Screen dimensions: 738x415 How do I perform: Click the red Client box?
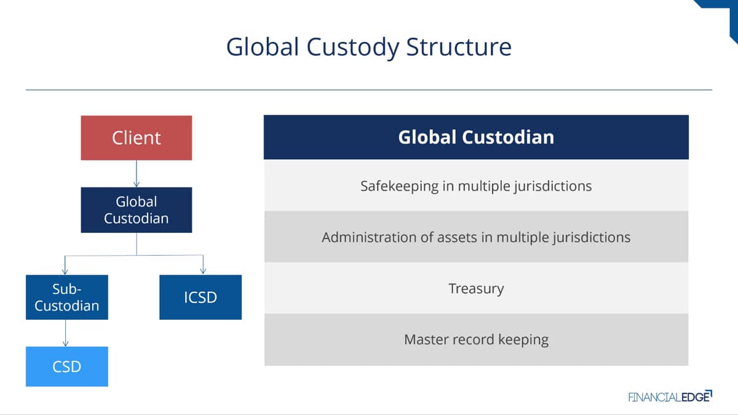point(137,138)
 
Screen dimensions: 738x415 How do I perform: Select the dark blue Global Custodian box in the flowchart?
point(137,210)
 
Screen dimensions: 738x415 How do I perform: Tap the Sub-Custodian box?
point(67,297)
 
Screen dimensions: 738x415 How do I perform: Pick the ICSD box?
point(200,297)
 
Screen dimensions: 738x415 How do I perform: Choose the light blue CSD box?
point(67,366)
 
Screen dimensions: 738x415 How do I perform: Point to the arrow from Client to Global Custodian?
point(137,173)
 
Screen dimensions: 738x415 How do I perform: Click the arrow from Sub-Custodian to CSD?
point(65,333)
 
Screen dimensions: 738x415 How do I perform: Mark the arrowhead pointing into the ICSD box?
point(203,271)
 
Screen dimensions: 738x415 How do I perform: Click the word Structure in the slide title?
point(459,47)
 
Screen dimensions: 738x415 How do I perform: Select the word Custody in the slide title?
point(352,48)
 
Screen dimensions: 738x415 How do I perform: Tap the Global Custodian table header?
point(476,137)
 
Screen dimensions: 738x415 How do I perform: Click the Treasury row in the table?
point(476,288)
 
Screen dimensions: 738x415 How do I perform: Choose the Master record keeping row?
point(476,339)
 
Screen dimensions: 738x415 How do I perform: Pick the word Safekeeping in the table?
point(399,186)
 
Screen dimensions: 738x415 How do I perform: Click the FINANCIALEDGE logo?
point(670,397)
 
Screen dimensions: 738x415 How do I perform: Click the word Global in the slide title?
point(263,47)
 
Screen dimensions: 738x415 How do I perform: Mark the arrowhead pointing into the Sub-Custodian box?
point(65,271)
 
